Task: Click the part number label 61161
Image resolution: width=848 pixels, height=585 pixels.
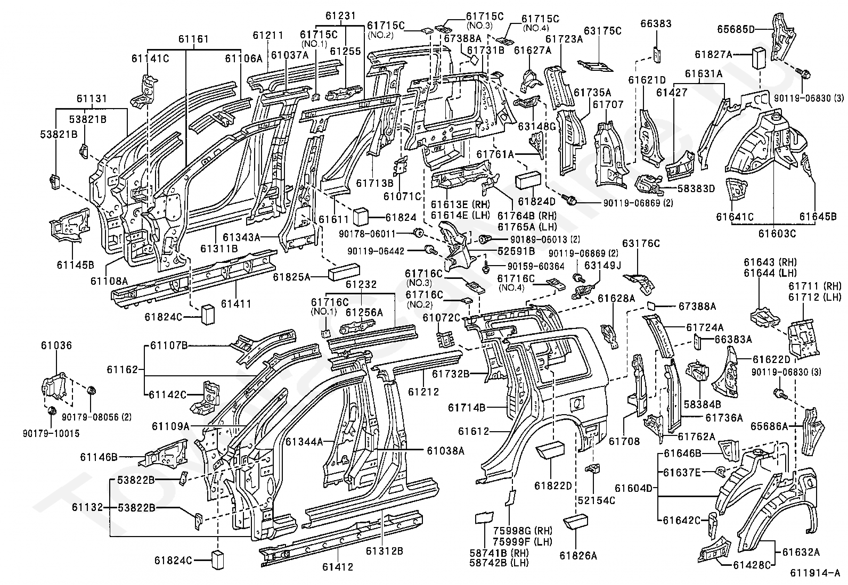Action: (x=193, y=39)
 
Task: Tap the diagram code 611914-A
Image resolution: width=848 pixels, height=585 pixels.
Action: (x=814, y=573)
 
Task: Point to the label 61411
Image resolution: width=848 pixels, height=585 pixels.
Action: (x=236, y=304)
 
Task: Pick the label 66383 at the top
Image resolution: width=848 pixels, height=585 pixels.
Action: (x=656, y=24)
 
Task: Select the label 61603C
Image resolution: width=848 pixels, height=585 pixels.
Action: (x=777, y=233)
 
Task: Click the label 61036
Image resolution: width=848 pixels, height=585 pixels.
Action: (x=56, y=346)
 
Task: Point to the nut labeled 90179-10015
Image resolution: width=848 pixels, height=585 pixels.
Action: (x=52, y=411)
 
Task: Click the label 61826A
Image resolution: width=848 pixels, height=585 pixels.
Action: (x=578, y=555)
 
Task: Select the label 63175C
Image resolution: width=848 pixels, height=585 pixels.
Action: (x=602, y=30)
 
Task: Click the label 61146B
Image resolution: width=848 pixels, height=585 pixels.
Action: (x=99, y=457)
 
